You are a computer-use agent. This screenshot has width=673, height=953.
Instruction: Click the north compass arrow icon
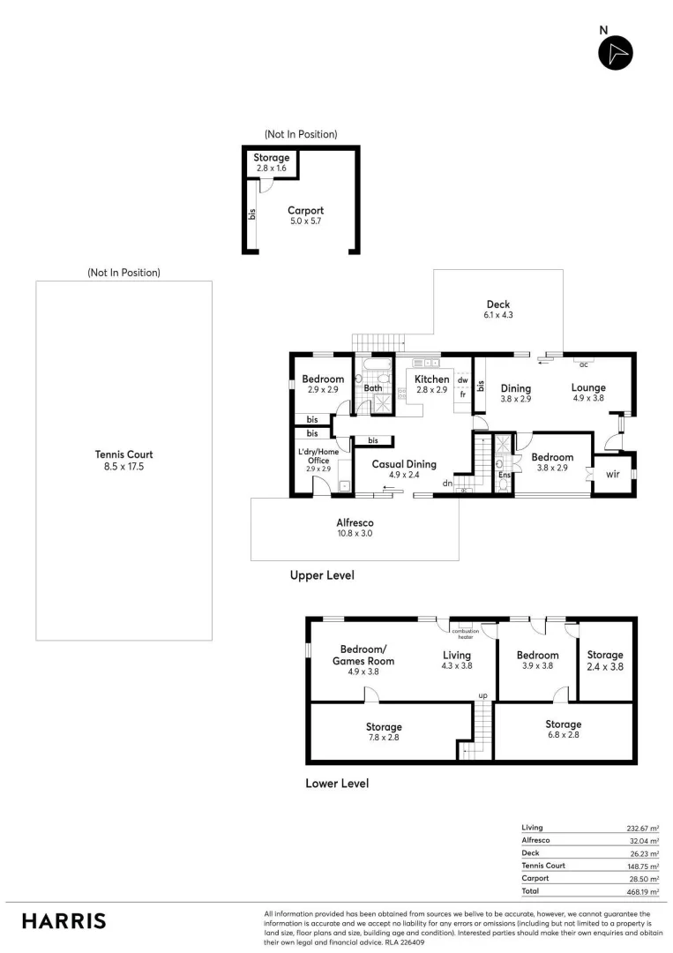click(x=616, y=53)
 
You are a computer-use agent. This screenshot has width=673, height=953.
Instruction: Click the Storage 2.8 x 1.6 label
click(x=271, y=162)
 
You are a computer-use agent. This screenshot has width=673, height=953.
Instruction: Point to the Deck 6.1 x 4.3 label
click(x=497, y=310)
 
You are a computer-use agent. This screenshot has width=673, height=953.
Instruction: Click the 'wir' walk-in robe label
click(x=613, y=473)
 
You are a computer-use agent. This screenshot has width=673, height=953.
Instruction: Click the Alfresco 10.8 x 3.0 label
click(x=354, y=529)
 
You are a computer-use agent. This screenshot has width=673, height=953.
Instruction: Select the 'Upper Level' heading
click(x=322, y=575)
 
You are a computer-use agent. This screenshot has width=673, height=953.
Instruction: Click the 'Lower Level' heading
click(x=336, y=783)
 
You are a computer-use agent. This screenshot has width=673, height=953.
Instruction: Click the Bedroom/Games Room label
click(x=363, y=660)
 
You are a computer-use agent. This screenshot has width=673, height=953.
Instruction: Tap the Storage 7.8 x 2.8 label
click(x=384, y=732)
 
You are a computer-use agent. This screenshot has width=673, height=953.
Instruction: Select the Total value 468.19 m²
click(x=641, y=892)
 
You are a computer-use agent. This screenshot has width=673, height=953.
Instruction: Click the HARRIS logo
click(x=64, y=920)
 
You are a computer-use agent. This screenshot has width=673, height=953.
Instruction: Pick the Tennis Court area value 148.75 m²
click(x=641, y=866)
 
